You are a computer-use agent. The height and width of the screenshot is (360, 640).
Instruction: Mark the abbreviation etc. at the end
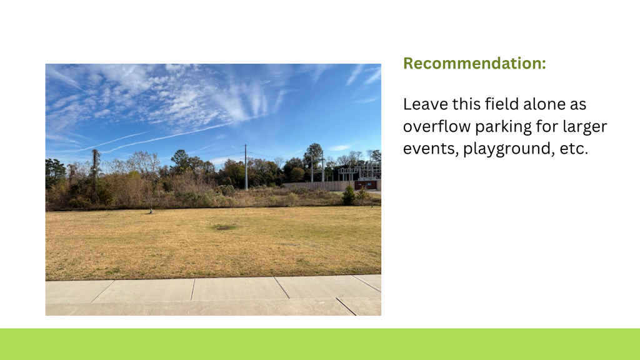[574, 149]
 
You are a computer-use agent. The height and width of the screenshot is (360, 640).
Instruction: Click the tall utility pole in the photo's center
[246, 167]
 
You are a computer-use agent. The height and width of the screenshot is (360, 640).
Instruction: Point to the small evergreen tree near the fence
[349, 195]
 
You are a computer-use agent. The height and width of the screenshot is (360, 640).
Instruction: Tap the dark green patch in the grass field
[224, 227]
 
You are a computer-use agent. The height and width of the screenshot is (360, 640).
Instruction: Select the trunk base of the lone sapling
[151, 212]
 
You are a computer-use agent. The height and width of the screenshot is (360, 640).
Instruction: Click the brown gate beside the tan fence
[365, 185]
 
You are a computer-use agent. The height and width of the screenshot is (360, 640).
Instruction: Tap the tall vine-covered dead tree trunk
[95, 171]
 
